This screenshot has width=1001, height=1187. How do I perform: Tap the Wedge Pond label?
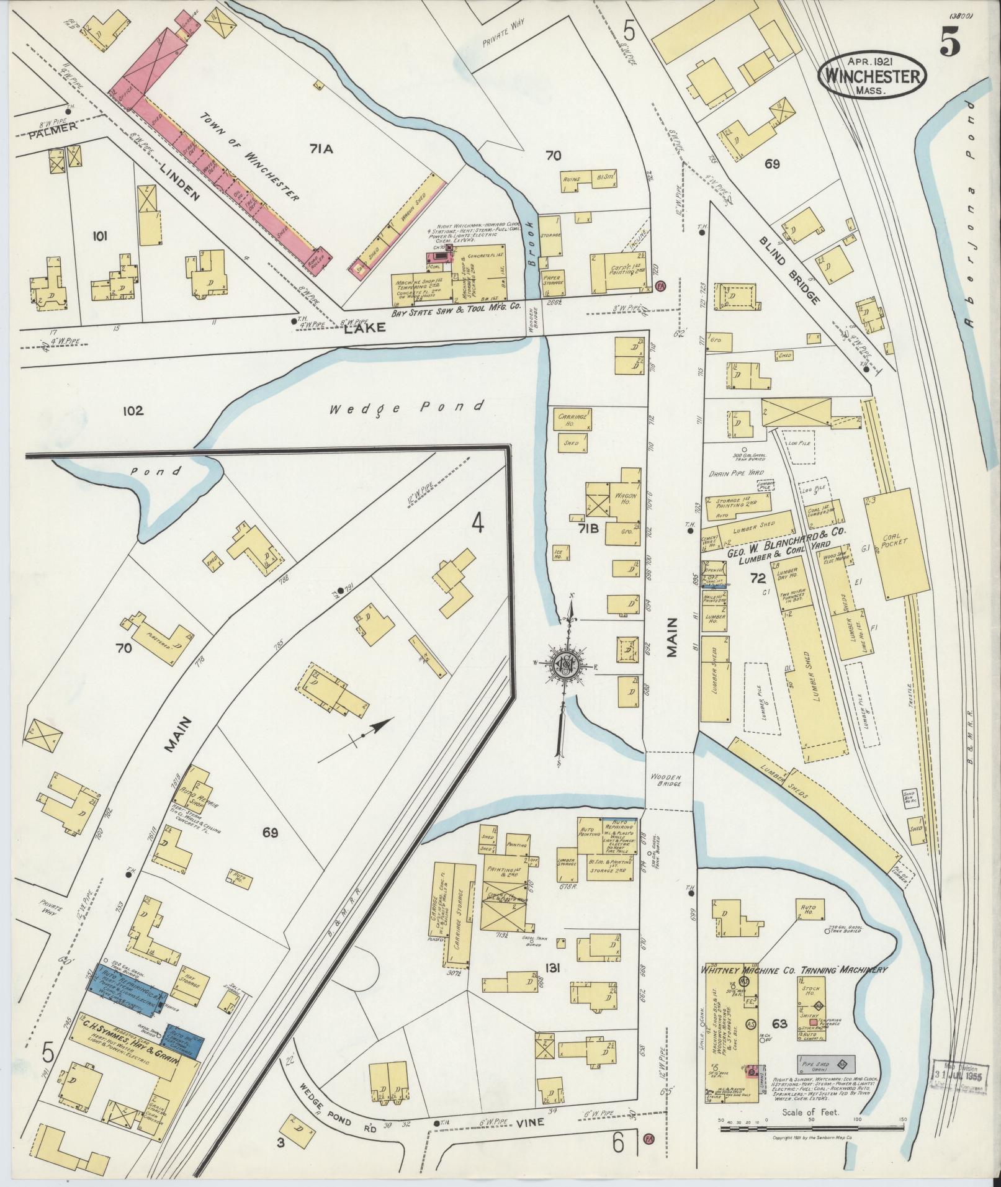(x=406, y=408)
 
